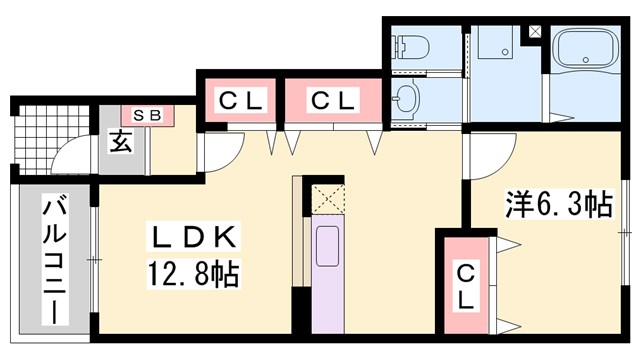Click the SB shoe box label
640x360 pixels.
148,116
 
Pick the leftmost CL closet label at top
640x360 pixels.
241,100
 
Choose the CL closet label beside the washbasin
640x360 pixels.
332,100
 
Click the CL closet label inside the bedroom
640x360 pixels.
467,285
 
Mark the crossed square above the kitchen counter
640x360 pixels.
328,197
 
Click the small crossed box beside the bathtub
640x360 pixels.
536,29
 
